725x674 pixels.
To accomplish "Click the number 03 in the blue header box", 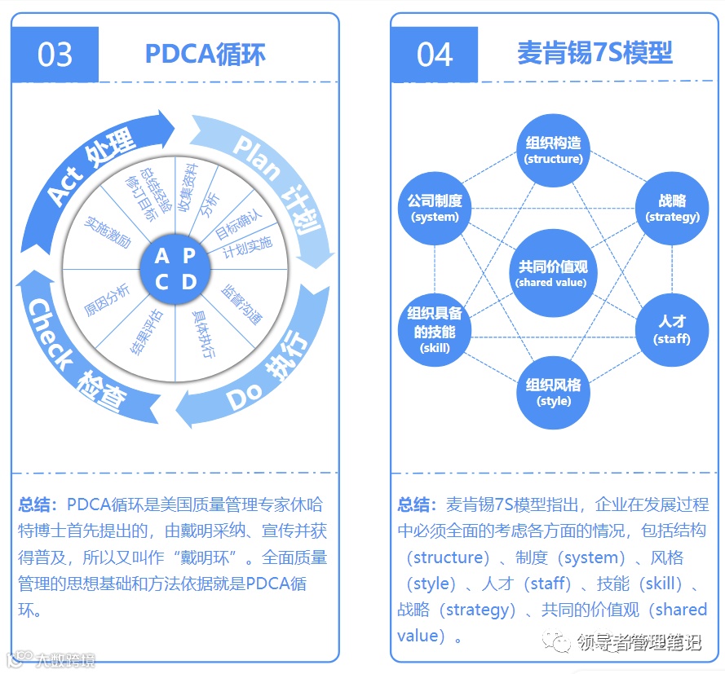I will pyautogui.click(x=55, y=55).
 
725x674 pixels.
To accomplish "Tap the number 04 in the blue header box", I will pyautogui.click(x=435, y=55).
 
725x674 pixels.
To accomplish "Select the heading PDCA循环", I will pyautogui.click(x=205, y=54).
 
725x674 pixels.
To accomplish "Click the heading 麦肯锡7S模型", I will pyautogui.click(x=595, y=54).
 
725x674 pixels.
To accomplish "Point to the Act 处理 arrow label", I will pyautogui.click(x=91, y=167).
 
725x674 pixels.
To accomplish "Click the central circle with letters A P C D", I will pyautogui.click(x=176, y=268).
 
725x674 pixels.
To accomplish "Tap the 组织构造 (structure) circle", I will pyautogui.click(x=554, y=150).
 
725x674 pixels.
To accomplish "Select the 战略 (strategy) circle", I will pyautogui.click(x=672, y=209).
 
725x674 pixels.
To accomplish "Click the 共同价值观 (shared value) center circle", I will pyautogui.click(x=551, y=273).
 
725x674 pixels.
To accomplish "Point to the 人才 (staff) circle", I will pyautogui.click(x=672, y=330).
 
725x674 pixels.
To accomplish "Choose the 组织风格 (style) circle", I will pyautogui.click(x=554, y=392).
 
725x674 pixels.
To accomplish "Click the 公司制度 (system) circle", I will pyautogui.click(x=435, y=209).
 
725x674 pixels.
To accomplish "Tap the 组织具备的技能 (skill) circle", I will pyautogui.click(x=435, y=330).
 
